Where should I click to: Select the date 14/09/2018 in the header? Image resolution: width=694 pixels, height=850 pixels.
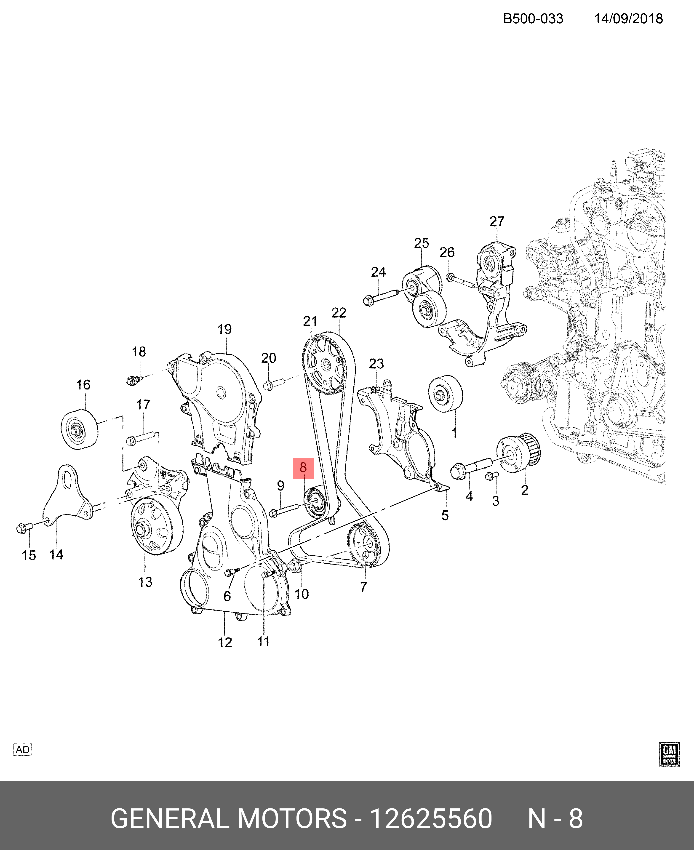coord(628,19)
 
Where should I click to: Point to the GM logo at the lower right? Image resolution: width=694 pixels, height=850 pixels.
coord(669,754)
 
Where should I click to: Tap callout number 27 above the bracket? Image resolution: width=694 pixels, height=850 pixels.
coord(497,221)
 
